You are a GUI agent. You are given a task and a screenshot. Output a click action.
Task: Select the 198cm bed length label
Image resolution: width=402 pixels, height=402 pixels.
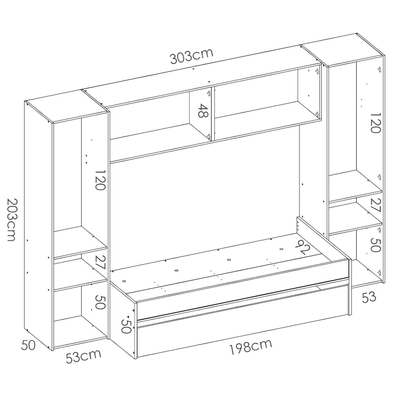pos(250,347)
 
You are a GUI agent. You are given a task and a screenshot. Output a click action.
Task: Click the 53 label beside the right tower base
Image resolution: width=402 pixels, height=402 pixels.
pos(369,297)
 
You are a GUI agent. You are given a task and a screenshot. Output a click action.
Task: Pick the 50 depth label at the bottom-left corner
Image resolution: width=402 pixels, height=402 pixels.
pos(28,345)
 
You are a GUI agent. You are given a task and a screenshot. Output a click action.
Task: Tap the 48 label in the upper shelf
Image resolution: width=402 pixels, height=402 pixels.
pos(203,111)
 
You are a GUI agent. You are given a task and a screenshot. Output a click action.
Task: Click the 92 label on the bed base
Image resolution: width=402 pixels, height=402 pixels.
pos(303,247)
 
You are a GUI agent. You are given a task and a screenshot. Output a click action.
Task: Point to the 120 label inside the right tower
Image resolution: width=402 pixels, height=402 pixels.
pos(376,122)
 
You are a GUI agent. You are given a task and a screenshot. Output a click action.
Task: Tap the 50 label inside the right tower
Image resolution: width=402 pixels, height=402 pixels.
pos(376,245)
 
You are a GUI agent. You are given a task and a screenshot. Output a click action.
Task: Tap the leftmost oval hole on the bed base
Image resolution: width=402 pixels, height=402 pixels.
pos(124,281)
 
